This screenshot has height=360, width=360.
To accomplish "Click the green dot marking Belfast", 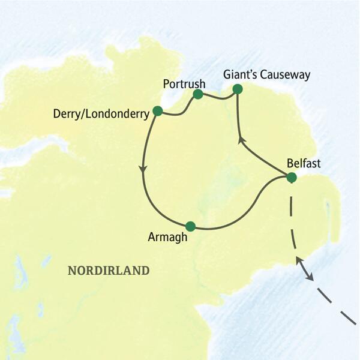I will click(x=292, y=177).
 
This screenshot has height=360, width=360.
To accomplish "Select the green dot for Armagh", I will click(x=191, y=226).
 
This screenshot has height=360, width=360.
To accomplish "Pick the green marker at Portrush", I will click(x=198, y=94).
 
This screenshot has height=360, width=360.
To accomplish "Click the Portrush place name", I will click(x=185, y=83).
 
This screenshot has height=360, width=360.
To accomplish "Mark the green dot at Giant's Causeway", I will click(x=237, y=89).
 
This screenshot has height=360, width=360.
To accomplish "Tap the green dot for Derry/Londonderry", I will click(x=158, y=110).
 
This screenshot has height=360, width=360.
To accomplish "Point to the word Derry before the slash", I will click(x=66, y=113).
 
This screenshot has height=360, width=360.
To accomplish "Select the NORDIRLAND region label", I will click(x=109, y=271).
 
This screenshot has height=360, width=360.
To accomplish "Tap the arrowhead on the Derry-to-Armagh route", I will click(x=143, y=170).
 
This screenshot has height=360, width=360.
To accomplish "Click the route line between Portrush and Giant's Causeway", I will click(x=218, y=97).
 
